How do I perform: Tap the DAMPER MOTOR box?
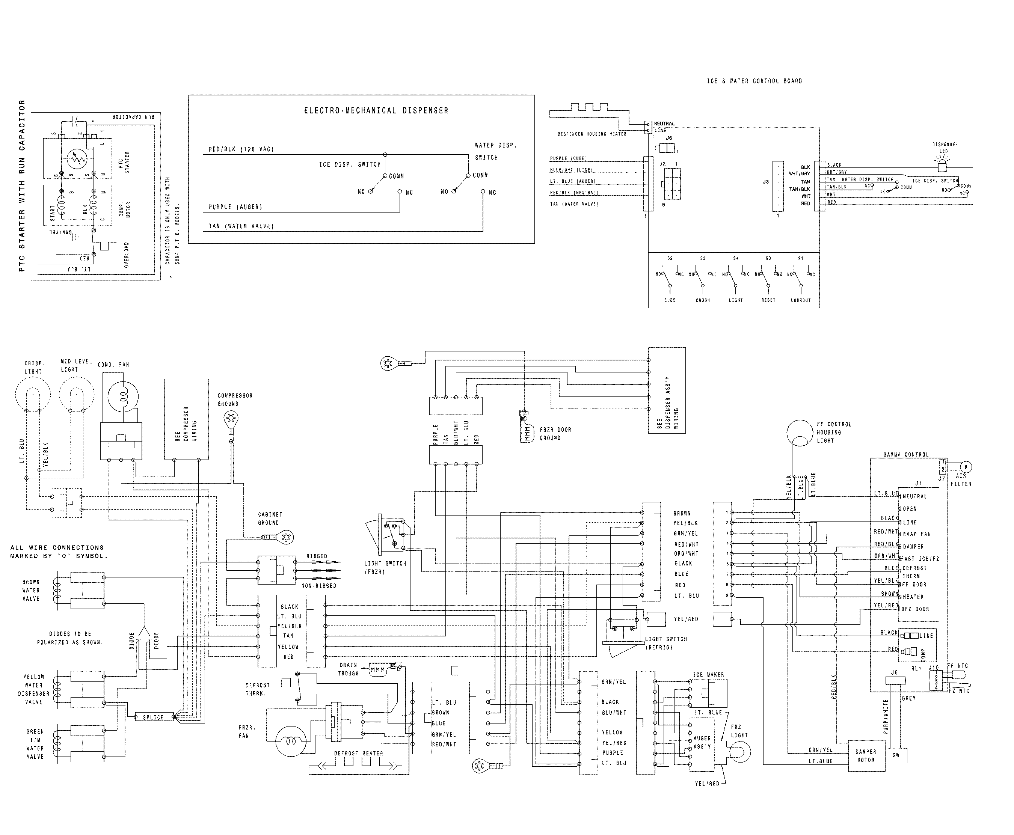(866, 756)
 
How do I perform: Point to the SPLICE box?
(153, 717)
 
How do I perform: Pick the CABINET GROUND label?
(270, 518)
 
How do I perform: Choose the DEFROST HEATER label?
(358, 753)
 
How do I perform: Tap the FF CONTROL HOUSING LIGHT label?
(834, 433)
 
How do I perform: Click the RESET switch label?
(768, 300)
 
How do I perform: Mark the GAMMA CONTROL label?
(906, 455)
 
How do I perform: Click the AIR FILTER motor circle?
(966, 467)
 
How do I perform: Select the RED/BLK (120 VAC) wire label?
(241, 149)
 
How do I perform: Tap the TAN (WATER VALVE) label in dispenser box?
(241, 226)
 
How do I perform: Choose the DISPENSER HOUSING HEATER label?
(591, 134)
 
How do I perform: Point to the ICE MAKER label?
(708, 675)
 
